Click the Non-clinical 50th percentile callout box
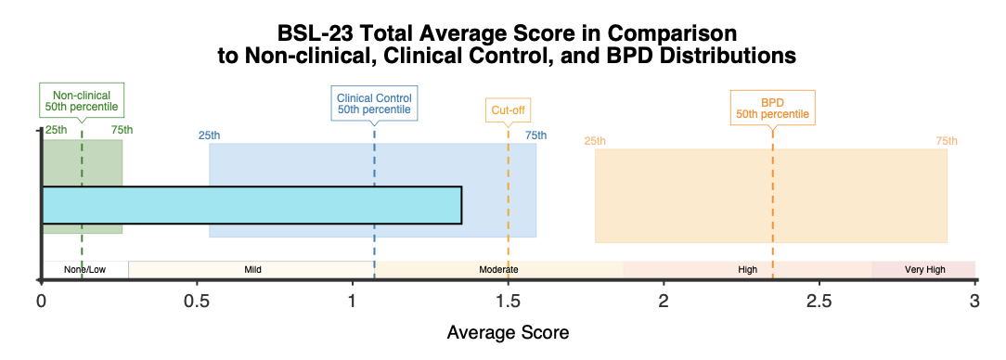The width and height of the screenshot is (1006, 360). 82,100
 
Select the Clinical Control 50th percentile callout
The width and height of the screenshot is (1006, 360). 374,103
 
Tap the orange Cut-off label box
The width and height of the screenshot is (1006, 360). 509,109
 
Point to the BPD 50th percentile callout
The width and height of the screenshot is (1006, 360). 772,109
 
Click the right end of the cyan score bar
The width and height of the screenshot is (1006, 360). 461,205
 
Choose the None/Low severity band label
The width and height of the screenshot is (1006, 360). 84,269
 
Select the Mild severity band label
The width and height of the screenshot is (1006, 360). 252,269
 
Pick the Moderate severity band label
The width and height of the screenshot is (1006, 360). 498,269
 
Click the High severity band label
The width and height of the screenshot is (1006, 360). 747,269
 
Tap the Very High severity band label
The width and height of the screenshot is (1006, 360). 924,269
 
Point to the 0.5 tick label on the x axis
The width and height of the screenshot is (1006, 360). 197,301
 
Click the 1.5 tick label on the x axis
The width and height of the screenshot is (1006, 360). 509,301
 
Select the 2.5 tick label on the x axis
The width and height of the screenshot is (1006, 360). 819,301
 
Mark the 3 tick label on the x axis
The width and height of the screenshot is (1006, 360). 975,301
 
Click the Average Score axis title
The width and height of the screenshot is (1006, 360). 508,333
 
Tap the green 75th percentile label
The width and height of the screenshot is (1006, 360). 122,130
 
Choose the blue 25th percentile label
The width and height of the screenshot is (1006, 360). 209,135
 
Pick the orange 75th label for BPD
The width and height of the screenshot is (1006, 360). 947,141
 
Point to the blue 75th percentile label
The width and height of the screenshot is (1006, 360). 536,135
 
